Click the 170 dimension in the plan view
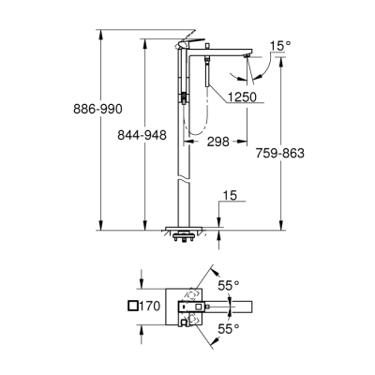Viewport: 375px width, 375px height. (x=153, y=306)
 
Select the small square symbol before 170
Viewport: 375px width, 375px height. (x=131, y=306)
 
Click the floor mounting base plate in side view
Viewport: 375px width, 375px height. (x=191, y=228)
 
